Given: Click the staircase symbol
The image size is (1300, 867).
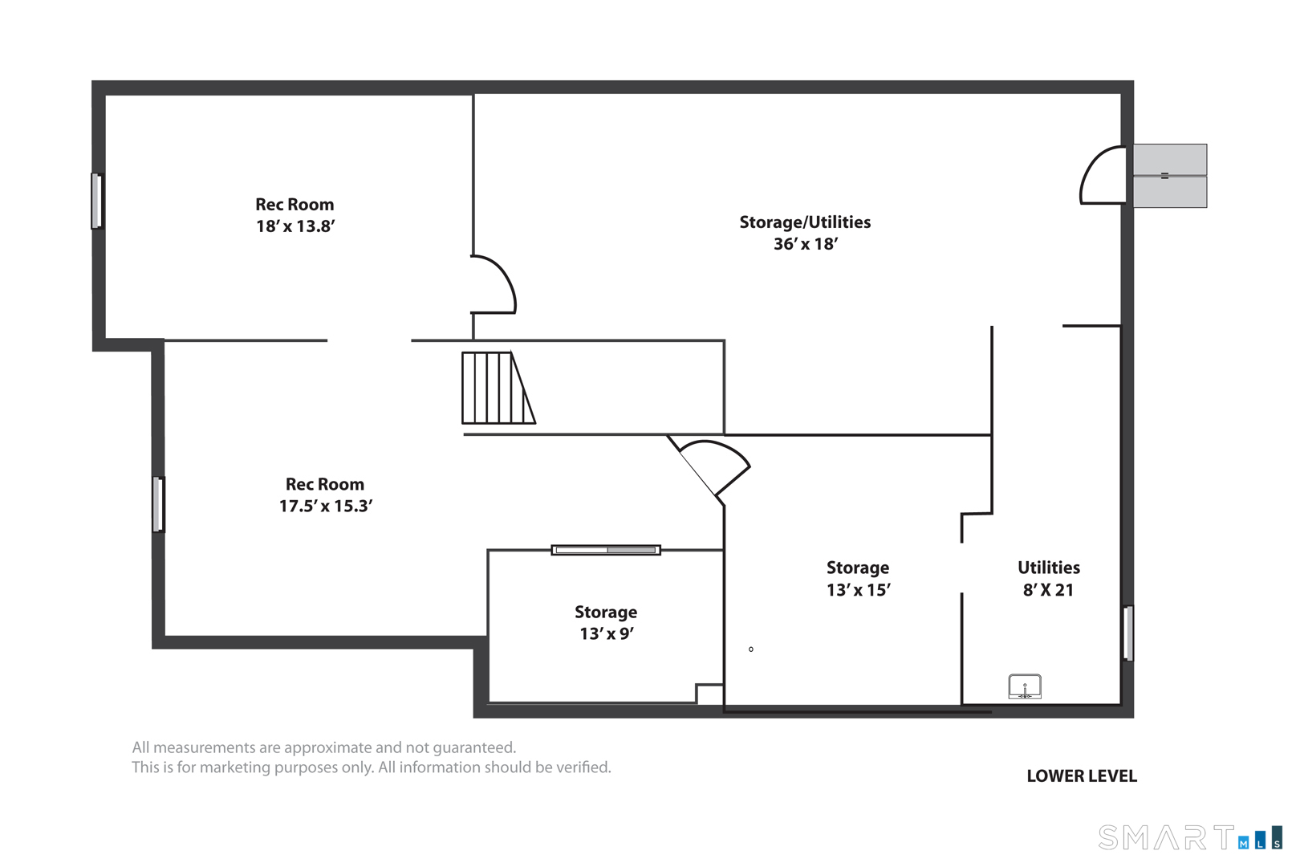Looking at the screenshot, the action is coord(498,388).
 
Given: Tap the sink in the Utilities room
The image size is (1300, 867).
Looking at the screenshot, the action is coord(1024,686).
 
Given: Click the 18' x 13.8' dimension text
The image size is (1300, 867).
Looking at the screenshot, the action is coord(295,226).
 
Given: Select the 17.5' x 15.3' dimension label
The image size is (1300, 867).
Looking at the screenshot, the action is coord(326,506).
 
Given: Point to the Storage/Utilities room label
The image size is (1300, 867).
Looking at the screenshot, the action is coord(805,222).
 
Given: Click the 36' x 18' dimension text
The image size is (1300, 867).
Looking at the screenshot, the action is coord(806,244).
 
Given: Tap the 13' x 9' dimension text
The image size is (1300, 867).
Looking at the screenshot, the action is coord(607,633).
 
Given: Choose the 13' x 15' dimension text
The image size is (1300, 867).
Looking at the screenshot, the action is coord(859,590).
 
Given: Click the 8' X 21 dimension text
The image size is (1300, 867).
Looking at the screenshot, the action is coord(1048,590).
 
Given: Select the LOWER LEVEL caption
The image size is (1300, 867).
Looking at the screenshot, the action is coord(1082,775).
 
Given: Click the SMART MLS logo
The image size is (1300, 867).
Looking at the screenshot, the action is coord(1190,836).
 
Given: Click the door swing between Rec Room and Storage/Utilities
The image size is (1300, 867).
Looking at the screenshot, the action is coord(494,284).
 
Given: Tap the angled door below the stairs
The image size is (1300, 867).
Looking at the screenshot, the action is coord(709,467).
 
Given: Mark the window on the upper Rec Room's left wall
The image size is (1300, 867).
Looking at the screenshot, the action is coord(97,201).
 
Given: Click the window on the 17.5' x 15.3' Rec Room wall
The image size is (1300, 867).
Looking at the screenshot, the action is coord(158,504).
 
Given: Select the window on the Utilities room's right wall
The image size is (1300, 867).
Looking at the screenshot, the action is coord(1128,633).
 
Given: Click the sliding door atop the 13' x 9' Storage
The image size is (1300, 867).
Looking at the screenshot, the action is coord(606,550).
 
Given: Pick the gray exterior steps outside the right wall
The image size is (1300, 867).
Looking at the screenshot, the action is coord(1170,176).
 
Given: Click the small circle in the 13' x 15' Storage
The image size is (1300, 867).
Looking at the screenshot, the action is coord(751,649).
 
